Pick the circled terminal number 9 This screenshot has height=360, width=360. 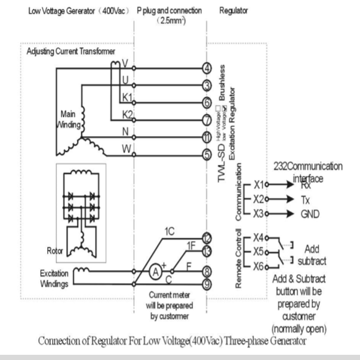[x=207, y=284]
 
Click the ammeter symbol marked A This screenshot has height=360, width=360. [x=155, y=272]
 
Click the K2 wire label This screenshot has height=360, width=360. [x=128, y=115]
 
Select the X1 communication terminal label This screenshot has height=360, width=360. [x=259, y=185]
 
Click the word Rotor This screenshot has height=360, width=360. [x=55, y=252]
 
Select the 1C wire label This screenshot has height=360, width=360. [x=169, y=231]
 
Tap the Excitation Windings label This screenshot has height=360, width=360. [x=54, y=279]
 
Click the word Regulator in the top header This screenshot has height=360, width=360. [x=233, y=11]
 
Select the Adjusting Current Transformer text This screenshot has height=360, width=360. [x=71, y=51]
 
